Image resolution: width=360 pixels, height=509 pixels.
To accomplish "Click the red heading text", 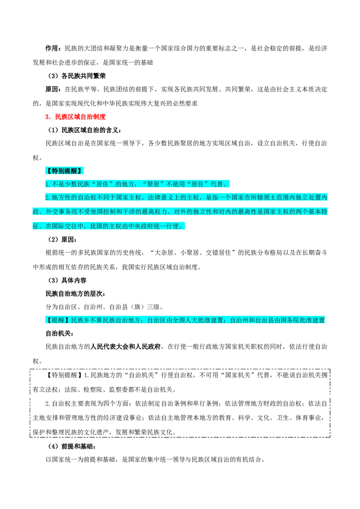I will (x=76, y=117).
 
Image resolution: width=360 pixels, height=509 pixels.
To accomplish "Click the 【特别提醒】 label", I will (x=64, y=171).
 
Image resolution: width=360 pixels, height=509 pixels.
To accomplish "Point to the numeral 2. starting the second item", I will (x=48, y=197).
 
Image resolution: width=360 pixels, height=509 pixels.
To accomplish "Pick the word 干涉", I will (x=135, y=211).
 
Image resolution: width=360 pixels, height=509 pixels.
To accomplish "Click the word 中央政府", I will (x=138, y=226).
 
